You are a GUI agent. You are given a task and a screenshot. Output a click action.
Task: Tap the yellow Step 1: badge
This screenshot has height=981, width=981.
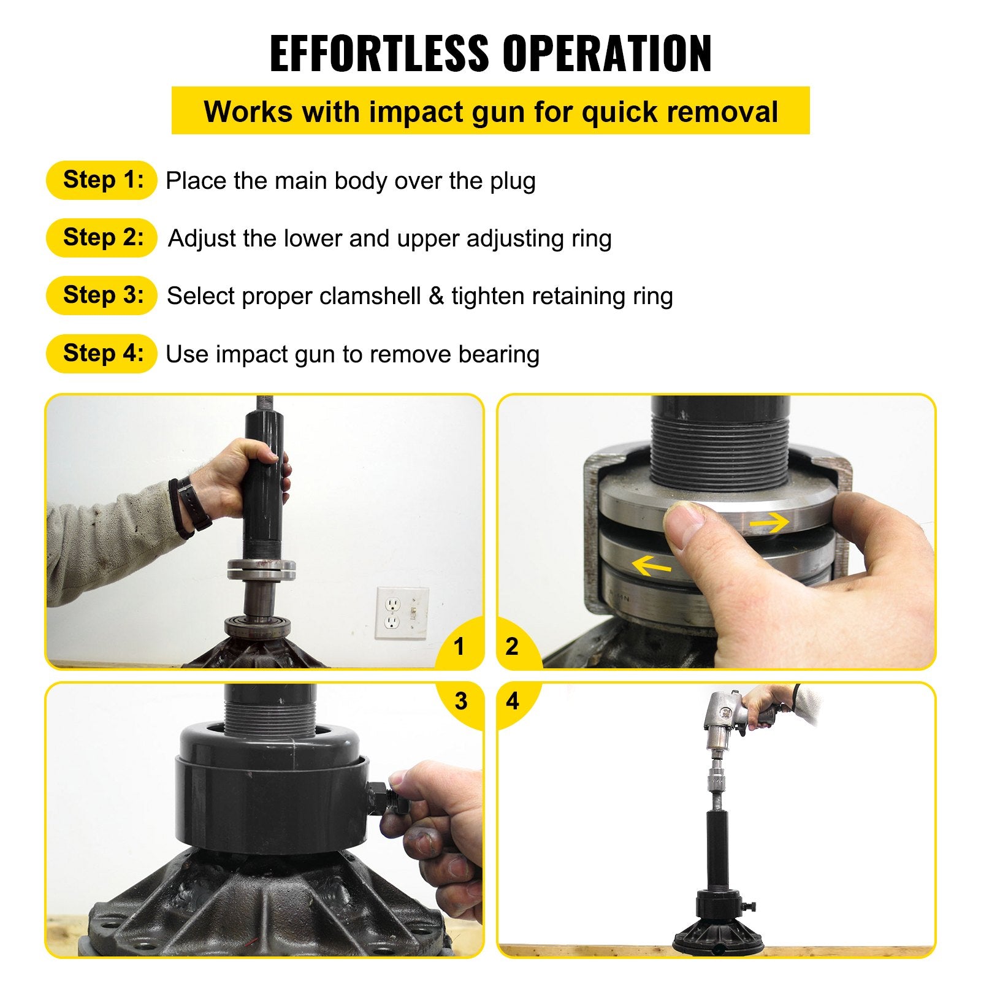coord(102,180)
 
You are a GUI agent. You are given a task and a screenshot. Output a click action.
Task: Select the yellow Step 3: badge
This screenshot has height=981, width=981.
coord(102,296)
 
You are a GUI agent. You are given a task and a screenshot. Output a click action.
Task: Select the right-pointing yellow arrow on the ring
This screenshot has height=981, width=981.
coord(769,522)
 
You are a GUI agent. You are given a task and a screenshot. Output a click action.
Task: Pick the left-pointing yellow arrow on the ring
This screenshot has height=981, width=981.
coord(651,566)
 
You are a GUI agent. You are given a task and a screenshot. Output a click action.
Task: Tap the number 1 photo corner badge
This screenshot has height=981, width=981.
coord(459,646)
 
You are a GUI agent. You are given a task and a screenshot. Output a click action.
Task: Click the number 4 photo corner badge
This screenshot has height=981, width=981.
coord(513,701)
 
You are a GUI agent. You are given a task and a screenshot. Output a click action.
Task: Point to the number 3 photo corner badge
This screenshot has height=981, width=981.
coord(461,701)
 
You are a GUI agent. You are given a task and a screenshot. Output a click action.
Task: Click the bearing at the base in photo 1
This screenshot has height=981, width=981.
coord(253,627)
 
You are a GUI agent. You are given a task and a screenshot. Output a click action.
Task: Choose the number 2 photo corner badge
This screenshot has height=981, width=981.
coord(512,646)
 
